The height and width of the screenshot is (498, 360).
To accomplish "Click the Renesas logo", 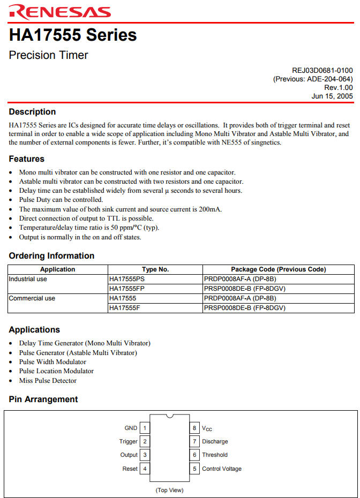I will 59,12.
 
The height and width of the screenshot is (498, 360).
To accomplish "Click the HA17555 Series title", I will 73,35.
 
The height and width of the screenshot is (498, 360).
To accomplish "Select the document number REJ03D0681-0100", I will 322,70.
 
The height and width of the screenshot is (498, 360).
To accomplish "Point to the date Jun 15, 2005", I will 332,96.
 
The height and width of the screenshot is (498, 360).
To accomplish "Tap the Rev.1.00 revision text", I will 338,87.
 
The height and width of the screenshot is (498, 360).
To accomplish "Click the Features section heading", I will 27,159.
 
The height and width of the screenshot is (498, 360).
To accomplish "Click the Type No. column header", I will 155,269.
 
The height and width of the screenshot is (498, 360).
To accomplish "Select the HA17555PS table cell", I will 127,279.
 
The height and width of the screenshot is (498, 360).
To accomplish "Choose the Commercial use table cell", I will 32,298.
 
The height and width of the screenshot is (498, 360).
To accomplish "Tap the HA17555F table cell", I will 125,308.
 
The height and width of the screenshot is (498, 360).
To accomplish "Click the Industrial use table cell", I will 29,279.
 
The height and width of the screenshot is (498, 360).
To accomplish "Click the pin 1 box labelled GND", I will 145,428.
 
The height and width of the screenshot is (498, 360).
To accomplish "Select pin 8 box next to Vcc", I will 195,428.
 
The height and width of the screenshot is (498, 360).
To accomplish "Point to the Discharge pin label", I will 215,442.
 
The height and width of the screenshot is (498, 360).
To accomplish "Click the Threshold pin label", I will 215,455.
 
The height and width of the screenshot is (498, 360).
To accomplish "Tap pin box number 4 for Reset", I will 145,469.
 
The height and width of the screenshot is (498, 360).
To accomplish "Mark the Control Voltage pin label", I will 222,469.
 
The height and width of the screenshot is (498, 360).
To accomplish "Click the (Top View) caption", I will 169,490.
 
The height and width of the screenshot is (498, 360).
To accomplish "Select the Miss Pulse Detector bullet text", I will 48,381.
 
